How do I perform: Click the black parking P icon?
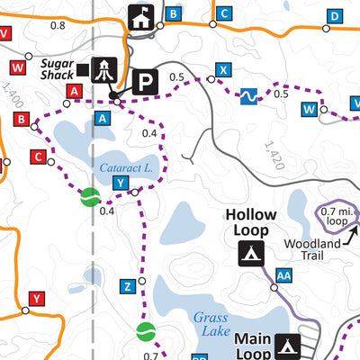(143, 84)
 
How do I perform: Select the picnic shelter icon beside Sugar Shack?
(106, 69)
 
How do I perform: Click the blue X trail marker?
(224, 69)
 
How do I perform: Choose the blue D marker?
(334, 15)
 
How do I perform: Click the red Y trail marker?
(36, 298)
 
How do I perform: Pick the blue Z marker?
(128, 286)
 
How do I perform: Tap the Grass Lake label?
(215, 324)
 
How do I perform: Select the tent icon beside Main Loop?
(288, 345)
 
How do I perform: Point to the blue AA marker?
(283, 275)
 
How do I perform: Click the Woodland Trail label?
(312, 249)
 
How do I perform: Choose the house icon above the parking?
(142, 15)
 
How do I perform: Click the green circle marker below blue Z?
(145, 333)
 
